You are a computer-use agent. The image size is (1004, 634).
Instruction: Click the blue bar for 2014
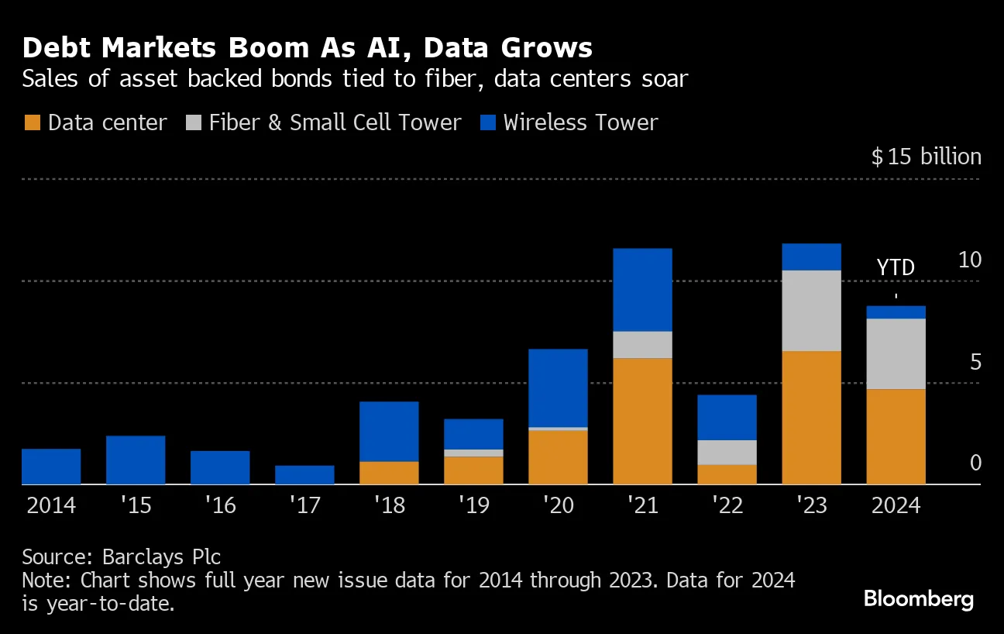pyautogui.click(x=51, y=466)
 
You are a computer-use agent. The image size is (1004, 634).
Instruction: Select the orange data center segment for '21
pyautogui.click(x=642, y=421)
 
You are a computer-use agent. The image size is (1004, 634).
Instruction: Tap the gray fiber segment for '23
pyautogui.click(x=811, y=310)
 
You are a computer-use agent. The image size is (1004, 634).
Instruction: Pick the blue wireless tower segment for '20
pyautogui.click(x=558, y=388)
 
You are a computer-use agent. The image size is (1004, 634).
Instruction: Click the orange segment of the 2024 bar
pyautogui.click(x=896, y=436)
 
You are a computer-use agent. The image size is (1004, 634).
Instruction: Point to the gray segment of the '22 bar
pyautogui.click(x=727, y=452)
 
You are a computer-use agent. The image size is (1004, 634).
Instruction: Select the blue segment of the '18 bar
pyautogui.click(x=389, y=431)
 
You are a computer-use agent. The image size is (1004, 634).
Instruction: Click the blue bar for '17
pyautogui.click(x=304, y=474)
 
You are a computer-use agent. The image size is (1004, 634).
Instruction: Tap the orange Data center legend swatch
pyautogui.click(x=32, y=122)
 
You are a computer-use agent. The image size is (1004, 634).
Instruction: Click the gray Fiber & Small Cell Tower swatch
pyautogui.click(x=194, y=122)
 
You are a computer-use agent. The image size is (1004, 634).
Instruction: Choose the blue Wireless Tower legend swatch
pyautogui.click(x=488, y=122)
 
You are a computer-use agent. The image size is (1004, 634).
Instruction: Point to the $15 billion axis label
pyautogui.click(x=926, y=157)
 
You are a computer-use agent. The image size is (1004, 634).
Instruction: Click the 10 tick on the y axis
pyautogui.click(x=969, y=260)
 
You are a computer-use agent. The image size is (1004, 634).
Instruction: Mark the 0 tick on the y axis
pyautogui.click(x=975, y=463)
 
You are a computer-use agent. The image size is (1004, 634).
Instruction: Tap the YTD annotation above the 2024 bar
pyautogui.click(x=896, y=267)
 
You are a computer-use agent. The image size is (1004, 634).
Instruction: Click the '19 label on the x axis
pyautogui.click(x=473, y=505)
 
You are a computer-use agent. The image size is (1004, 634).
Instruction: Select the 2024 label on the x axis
pyautogui.click(x=896, y=505)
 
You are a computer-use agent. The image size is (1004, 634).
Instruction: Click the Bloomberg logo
pyautogui.click(x=918, y=598)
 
